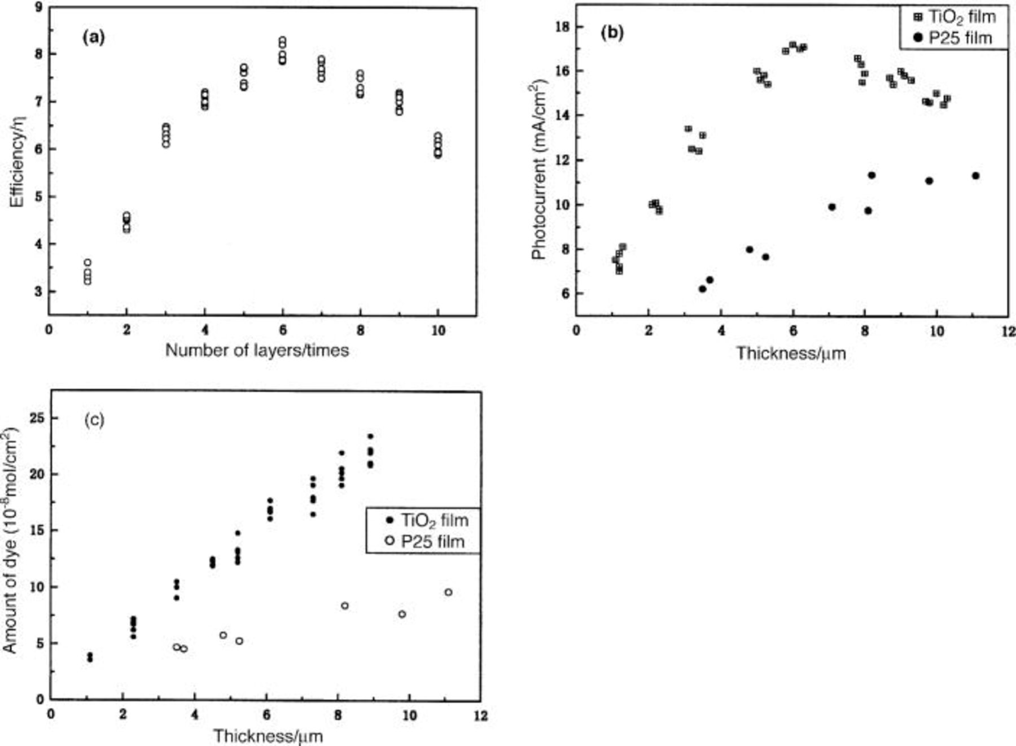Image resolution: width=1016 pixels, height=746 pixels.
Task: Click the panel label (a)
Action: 93,38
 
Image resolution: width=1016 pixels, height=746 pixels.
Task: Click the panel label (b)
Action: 612,33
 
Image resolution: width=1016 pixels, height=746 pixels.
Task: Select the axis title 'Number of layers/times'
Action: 257,351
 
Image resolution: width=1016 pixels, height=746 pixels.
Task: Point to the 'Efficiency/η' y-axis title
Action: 17,160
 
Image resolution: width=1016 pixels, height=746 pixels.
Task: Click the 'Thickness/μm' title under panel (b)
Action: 791,354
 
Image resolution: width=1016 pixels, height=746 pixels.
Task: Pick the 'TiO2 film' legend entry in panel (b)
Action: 954,17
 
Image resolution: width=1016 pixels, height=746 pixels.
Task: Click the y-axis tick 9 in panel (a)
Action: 37,7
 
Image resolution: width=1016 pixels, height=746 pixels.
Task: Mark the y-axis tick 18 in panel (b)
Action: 561,27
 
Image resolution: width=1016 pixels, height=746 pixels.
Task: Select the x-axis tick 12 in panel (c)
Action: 480,715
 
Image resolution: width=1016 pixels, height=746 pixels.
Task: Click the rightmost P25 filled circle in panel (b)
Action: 975,176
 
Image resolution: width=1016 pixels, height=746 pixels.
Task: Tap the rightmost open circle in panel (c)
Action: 448,592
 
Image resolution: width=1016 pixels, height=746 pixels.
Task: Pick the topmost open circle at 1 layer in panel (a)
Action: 87,262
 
